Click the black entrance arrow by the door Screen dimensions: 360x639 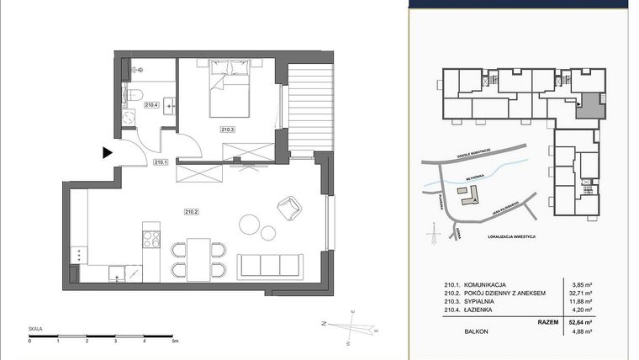tap(107, 152)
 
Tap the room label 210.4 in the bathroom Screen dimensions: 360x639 tap(151, 105)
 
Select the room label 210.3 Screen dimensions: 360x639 tap(227, 129)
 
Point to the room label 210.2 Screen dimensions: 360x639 tap(191, 211)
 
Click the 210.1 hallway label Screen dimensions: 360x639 tap(161, 161)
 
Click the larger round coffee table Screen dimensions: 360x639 tap(251, 224)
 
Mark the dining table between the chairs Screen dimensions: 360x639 tap(198, 259)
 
